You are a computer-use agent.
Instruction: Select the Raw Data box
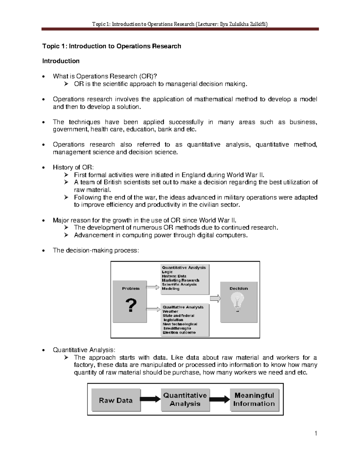[116, 400]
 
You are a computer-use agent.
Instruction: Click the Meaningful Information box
[254, 400]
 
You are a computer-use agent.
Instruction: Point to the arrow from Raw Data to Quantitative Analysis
[151, 399]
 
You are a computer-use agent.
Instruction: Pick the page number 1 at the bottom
[316, 433]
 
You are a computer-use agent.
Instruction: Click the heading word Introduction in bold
[61, 61]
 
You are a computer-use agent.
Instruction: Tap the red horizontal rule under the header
[180, 29]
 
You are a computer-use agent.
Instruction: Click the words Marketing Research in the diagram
[181, 280]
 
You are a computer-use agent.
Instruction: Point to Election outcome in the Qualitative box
[179, 332]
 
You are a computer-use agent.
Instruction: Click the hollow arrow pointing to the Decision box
[215, 299]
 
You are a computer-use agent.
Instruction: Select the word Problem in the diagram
[131, 288]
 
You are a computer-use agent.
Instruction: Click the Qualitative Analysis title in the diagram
[183, 307]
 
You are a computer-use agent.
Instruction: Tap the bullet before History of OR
[44, 167]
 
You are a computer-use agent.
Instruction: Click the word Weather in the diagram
[170, 311]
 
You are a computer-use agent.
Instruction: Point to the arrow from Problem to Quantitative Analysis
[153, 287]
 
